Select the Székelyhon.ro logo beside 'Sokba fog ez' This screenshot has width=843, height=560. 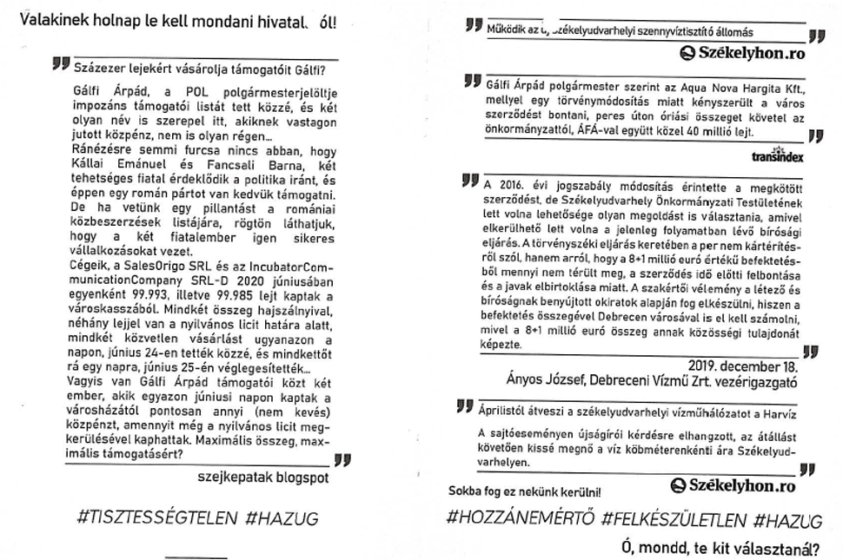pyautogui.click(x=735, y=486)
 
